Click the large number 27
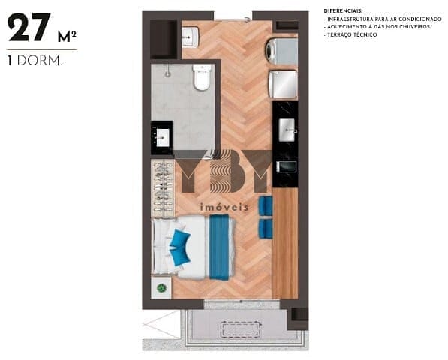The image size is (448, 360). point(29,28)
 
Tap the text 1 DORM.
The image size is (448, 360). point(35,61)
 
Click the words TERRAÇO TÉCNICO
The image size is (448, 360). point(352,34)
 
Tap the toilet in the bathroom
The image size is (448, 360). point(203,77)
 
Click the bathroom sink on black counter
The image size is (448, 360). point(161,137)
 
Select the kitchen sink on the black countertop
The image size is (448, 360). point(287,130)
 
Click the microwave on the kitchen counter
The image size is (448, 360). point(286,167)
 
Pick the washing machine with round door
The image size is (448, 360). point(282,51)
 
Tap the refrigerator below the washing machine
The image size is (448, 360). point(283,84)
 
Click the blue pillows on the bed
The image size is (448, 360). point(180,247)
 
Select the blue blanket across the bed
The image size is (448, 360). point(219,247)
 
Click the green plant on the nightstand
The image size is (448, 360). point(162,288)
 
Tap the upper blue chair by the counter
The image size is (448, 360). point(266,205)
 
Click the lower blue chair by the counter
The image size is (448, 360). point(266,229)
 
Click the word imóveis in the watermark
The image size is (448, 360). point(224,207)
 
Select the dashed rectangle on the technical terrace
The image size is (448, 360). point(241,329)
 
